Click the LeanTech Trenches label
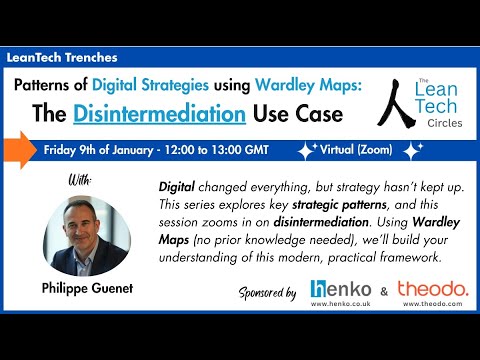[x=62, y=58]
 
